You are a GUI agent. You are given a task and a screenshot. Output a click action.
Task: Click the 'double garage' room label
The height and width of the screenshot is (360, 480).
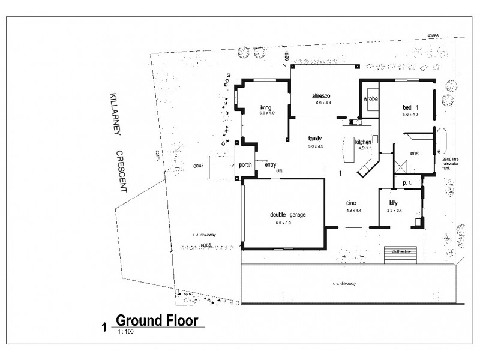tap(280, 215)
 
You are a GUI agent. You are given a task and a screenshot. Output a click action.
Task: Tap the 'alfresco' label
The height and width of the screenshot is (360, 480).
tap(322, 96)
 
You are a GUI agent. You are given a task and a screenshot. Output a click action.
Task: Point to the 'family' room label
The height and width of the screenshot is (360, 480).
tap(315, 137)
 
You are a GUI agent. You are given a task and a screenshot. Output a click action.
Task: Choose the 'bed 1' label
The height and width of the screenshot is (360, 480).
tap(410, 107)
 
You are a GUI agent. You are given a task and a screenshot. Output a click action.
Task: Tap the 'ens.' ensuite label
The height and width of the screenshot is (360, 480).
tap(414, 153)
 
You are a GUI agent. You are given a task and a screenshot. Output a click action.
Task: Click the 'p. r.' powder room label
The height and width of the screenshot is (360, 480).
tap(406, 181)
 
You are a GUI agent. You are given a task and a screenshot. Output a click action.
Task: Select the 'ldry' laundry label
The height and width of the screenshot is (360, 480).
tap(394, 202)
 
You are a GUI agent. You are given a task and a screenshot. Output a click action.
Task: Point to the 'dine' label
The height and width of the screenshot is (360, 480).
tap(352, 202)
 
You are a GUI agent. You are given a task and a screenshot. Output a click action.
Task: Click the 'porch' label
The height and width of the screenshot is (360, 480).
tap(245, 165)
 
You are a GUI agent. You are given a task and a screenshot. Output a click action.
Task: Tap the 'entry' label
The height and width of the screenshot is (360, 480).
tap(270, 165)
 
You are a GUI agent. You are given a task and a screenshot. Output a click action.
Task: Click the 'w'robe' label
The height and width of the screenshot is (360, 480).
tap(371, 99)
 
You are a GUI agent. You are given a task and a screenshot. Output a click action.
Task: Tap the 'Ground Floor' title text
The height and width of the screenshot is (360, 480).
tap(157, 320)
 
